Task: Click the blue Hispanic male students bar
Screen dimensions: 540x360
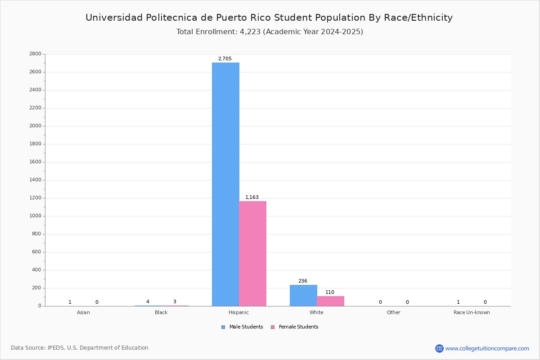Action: [x=225, y=184]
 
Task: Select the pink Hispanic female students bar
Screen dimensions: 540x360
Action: [x=252, y=254]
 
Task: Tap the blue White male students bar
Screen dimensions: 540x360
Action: [x=303, y=295]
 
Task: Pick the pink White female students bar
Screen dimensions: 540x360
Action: [x=330, y=301]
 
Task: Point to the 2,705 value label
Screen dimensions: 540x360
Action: [x=225, y=58]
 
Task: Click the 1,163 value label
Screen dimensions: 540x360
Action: [x=252, y=197]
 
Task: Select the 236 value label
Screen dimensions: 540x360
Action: [x=303, y=281]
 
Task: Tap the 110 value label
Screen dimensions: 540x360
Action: [x=330, y=292]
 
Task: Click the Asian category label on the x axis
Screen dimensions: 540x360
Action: [x=83, y=312]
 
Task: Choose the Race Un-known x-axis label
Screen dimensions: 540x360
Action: [x=472, y=312]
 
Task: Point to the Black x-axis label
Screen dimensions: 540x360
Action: [x=161, y=312]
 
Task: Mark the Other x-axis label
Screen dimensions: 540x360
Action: [x=394, y=312]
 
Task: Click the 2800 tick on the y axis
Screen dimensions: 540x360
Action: [x=36, y=54]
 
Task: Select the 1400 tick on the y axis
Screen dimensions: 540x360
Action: [x=36, y=180]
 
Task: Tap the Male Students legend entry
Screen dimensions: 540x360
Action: [x=242, y=327]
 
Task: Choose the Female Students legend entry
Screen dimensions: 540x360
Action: [x=295, y=327]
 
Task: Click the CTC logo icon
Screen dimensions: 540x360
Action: [x=439, y=348]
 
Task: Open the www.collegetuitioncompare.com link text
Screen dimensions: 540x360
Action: [x=487, y=349]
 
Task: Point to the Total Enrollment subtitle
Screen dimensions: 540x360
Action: [x=270, y=32]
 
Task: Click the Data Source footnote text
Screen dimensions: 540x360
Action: [x=80, y=348]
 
